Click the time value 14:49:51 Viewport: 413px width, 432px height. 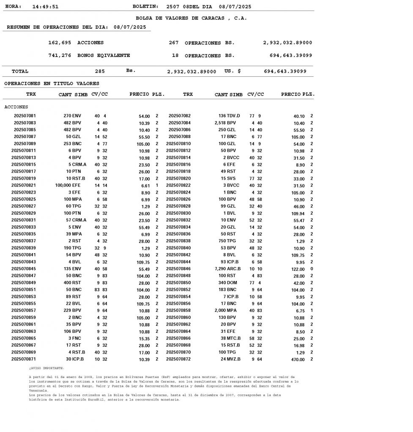[45, 7]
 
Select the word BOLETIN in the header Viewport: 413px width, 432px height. [145, 7]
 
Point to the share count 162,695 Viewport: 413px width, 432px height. [60, 43]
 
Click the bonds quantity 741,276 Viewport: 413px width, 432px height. [60, 55]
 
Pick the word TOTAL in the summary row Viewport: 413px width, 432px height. [20, 71]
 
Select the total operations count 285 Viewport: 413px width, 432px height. [100, 71]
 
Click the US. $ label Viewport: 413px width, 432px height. [232, 71]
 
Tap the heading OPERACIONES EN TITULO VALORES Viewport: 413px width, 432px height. [52, 84]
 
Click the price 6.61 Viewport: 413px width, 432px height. [145, 186]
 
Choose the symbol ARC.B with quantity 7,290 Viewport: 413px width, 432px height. [233, 269]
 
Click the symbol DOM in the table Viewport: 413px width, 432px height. [233, 283]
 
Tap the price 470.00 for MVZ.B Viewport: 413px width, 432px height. [297, 359]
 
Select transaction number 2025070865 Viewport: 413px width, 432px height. [23, 338]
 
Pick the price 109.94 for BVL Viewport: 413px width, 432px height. [297, 213]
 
